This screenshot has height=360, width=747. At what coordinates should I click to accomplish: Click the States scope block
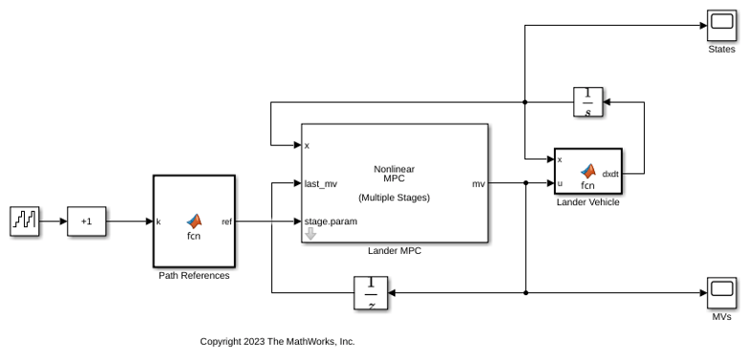click(721, 26)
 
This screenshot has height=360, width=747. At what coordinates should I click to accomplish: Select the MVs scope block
click(721, 293)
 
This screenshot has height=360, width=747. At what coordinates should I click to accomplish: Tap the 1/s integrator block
click(587, 102)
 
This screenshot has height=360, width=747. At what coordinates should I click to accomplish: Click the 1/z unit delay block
click(371, 293)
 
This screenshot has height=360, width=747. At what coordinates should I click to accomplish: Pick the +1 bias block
click(86, 221)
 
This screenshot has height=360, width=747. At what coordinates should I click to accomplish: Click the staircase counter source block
click(24, 221)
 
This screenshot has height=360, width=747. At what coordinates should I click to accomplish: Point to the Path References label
click(194, 276)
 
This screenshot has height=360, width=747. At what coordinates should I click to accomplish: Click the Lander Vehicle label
click(587, 202)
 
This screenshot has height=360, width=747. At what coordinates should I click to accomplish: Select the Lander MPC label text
click(395, 251)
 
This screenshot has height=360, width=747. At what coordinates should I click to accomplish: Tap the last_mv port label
click(321, 183)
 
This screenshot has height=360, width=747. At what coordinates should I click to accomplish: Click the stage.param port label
click(331, 222)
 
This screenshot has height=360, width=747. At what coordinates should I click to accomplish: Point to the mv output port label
click(479, 183)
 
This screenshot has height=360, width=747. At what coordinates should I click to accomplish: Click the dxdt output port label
click(610, 174)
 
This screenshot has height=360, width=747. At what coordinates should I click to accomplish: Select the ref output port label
click(226, 222)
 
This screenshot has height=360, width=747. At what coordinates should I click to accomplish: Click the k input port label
click(159, 222)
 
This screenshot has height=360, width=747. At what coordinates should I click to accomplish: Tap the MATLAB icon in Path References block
click(194, 221)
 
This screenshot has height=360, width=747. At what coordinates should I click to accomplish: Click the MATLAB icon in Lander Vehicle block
click(587, 171)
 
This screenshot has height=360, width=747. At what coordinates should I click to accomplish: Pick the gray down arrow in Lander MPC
click(310, 234)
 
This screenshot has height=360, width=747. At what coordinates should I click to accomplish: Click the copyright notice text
click(277, 342)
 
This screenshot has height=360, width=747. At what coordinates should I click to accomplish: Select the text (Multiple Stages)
click(394, 198)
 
